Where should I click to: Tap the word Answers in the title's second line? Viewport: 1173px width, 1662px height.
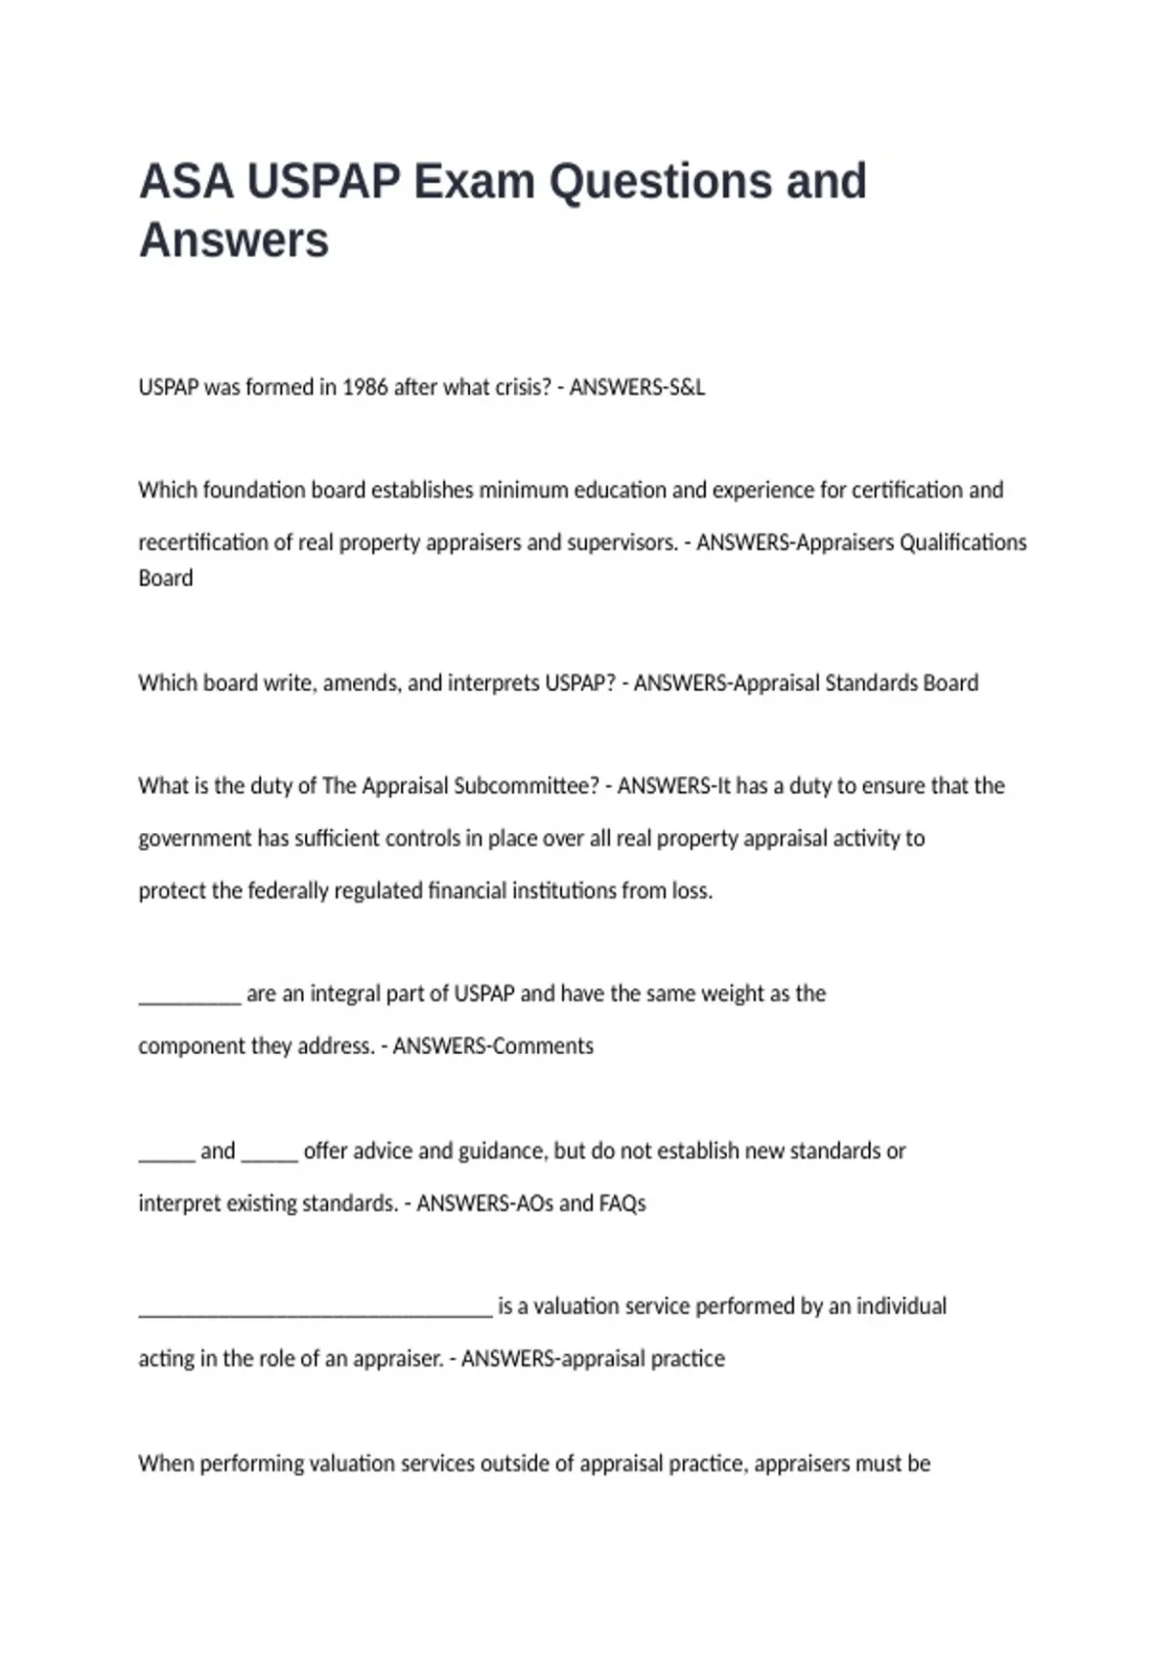(x=234, y=241)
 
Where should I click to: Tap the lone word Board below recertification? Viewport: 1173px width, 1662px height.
(x=165, y=579)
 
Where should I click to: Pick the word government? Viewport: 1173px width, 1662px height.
(x=195, y=839)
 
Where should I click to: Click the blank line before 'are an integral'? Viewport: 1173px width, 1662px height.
(x=189, y=997)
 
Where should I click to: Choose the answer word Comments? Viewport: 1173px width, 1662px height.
(x=543, y=1046)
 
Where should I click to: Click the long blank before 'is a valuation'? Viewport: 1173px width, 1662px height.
(x=315, y=1310)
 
